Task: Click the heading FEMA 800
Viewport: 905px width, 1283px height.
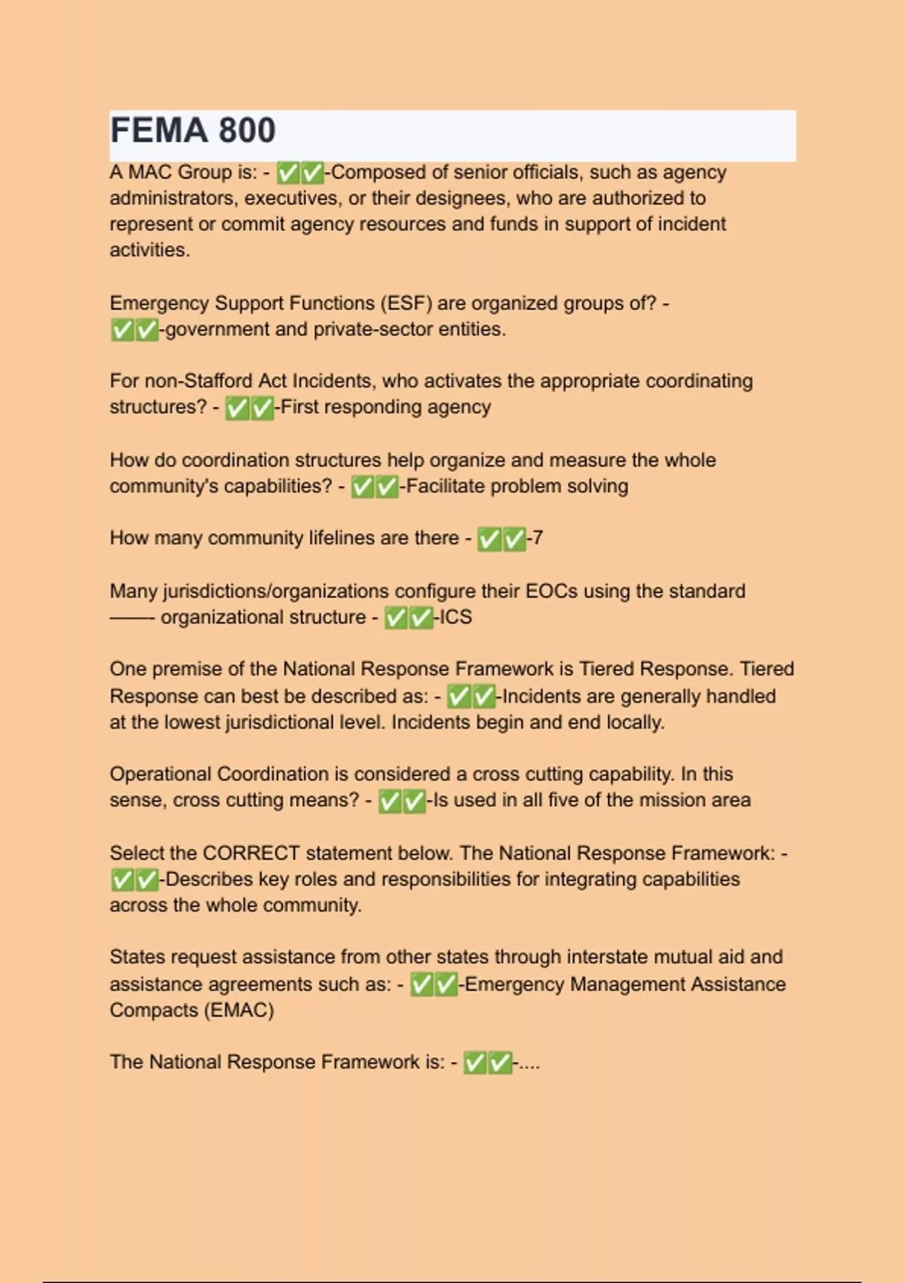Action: [x=193, y=131]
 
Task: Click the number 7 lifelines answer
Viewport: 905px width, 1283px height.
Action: [x=537, y=538]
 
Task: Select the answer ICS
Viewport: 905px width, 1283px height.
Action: [x=456, y=617]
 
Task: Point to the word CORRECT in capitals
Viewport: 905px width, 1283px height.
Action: [x=251, y=854]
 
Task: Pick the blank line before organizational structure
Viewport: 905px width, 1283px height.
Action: [x=132, y=618]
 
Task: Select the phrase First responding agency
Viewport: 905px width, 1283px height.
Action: [x=385, y=408]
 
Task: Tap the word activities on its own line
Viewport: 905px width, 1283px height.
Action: [x=149, y=251]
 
